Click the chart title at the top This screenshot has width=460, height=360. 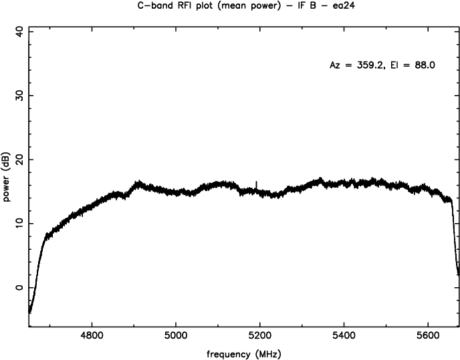(x=229, y=7)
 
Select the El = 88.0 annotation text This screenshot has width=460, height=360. (x=409, y=66)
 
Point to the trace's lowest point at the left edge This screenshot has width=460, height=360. (x=29, y=311)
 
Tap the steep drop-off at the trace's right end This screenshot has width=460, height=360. (x=455, y=240)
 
